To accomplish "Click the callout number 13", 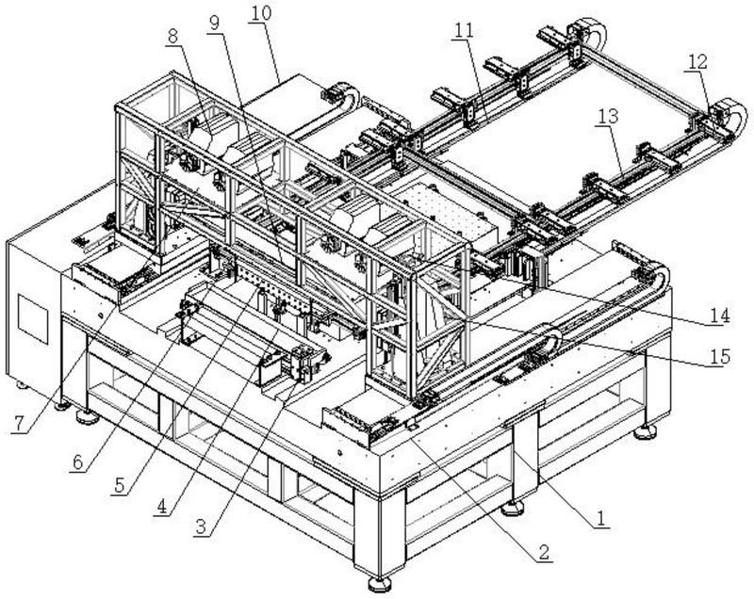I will coord(607,116).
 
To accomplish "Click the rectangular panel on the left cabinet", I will coord(30,315).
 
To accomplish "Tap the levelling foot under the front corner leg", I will coord(380,583).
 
